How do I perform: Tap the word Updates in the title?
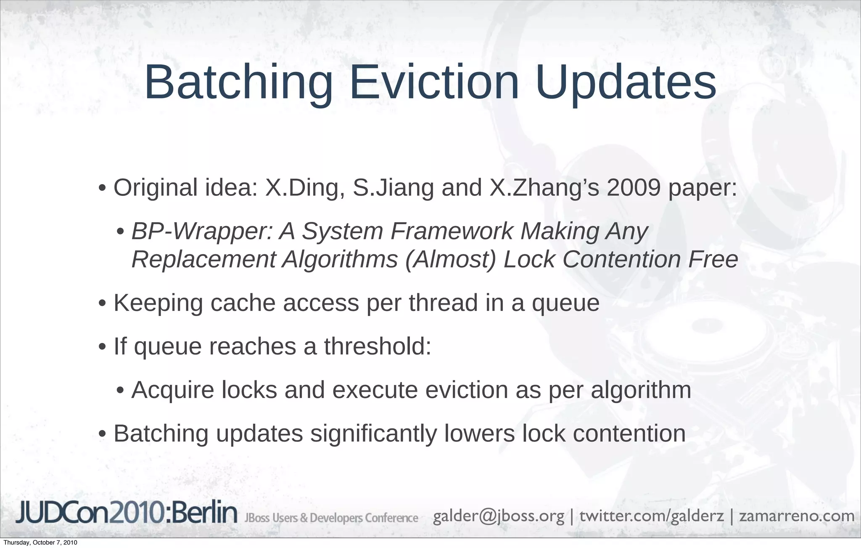[626, 83]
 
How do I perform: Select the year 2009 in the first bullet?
[634, 188]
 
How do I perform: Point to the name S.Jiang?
[393, 188]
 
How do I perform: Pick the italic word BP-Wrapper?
[202, 232]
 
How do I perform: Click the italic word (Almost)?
[450, 259]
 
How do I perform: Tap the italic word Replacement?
[203, 259]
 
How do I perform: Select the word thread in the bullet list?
[443, 303]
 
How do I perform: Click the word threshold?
[378, 347]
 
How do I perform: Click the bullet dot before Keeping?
[102, 304]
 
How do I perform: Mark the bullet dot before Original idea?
[102, 189]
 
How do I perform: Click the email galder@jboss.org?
[498, 516]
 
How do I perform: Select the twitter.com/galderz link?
[652, 516]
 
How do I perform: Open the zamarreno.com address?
[797, 516]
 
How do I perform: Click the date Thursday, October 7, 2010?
[40, 543]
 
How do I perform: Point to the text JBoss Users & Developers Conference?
[331, 518]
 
